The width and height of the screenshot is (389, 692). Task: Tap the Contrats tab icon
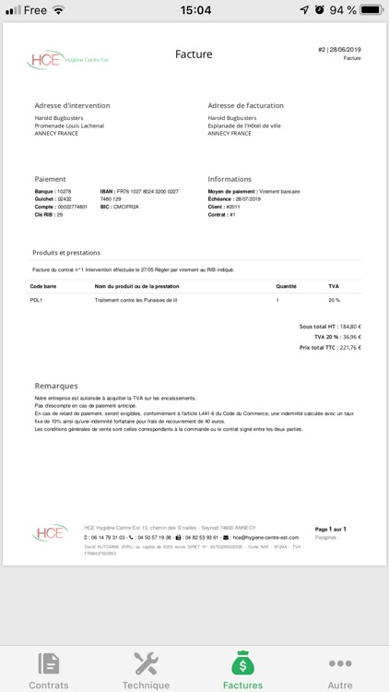(49, 663)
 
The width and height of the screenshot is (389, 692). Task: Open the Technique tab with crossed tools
(146, 663)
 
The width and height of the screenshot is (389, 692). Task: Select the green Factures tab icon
(242, 663)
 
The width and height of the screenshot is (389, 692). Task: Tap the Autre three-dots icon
(340, 663)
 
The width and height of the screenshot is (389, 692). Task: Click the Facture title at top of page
(194, 54)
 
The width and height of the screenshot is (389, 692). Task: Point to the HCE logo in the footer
(50, 533)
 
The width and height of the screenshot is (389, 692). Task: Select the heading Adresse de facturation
(245, 105)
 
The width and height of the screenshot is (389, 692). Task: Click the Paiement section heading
(50, 179)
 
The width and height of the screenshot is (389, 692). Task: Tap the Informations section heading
(230, 179)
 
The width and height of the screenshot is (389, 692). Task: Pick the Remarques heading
(56, 386)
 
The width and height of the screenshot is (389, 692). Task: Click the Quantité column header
(286, 287)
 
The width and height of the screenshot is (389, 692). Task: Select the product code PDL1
(37, 301)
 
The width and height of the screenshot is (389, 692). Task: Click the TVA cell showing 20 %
(334, 301)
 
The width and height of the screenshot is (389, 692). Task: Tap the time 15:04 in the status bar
(194, 10)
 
